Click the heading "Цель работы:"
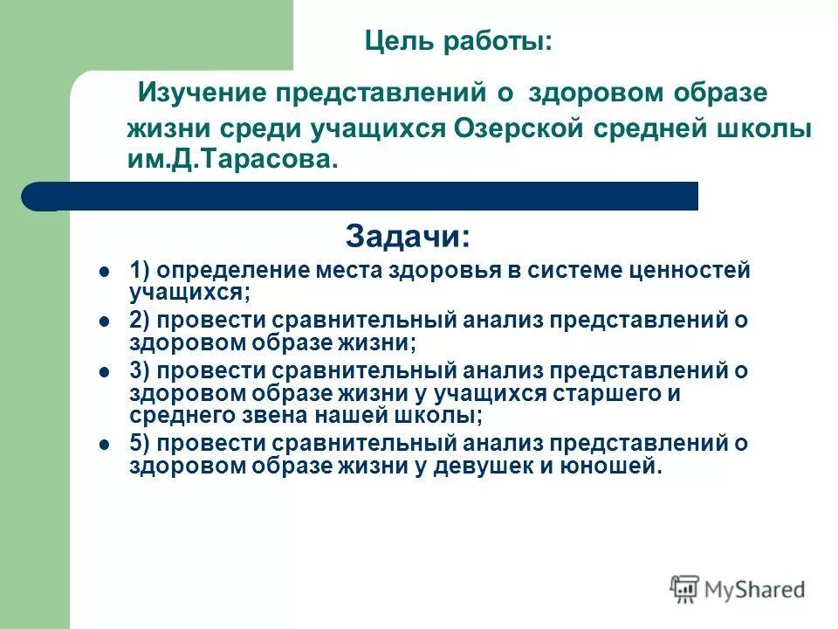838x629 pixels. point(457,41)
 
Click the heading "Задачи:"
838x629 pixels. point(408,235)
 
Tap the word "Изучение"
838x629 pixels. point(204,93)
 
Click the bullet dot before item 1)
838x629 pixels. point(104,271)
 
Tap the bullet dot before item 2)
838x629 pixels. point(104,321)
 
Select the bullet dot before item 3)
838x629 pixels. point(104,371)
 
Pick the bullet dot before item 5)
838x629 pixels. point(104,444)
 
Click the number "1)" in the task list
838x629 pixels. point(141,270)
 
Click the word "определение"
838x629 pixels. point(226,271)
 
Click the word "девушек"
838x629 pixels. point(489,466)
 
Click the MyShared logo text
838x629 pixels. point(755,591)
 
